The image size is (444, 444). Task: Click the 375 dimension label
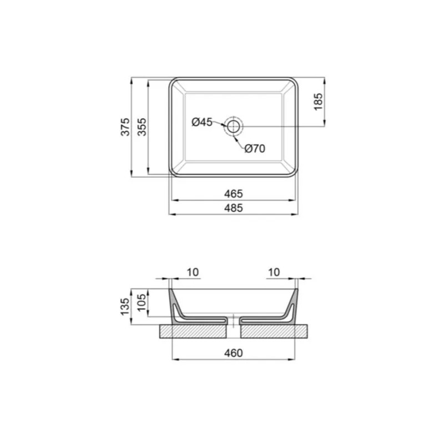(x=126, y=127)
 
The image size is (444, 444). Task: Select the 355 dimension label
(x=143, y=127)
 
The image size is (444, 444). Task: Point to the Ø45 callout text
(x=202, y=122)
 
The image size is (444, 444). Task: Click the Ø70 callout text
(x=255, y=148)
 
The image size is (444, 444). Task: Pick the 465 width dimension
(x=234, y=194)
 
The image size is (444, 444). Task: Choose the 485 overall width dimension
(x=234, y=208)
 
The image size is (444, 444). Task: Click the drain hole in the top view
(x=233, y=127)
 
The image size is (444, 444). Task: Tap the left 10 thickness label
(x=193, y=272)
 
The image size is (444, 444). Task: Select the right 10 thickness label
(x=274, y=272)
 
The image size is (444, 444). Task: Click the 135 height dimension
(x=125, y=305)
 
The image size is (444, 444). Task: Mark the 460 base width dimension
(x=234, y=352)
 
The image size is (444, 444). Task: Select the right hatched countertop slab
(x=274, y=331)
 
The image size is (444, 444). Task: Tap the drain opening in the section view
(x=234, y=320)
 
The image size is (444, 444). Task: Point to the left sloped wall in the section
(x=175, y=305)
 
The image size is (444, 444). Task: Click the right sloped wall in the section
(x=292, y=305)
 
